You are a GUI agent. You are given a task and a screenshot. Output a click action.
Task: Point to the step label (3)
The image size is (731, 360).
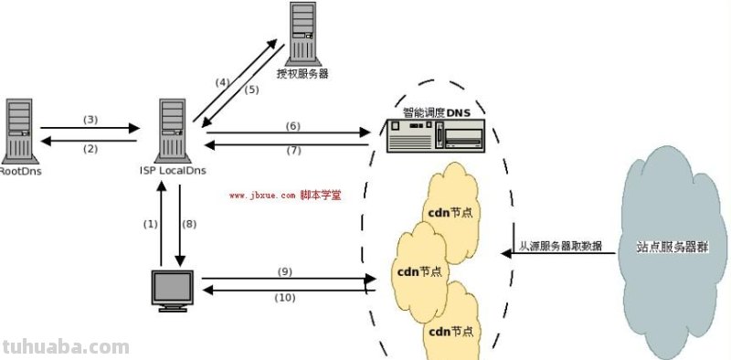90,120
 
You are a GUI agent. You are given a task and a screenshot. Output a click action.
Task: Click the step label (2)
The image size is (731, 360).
90,148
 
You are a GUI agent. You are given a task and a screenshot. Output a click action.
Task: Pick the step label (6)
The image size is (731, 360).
293,125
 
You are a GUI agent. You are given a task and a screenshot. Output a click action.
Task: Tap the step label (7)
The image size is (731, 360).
293,151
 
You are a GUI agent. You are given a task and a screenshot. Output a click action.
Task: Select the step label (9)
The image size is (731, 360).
284,271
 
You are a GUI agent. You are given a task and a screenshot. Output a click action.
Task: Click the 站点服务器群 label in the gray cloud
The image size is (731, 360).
675,247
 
